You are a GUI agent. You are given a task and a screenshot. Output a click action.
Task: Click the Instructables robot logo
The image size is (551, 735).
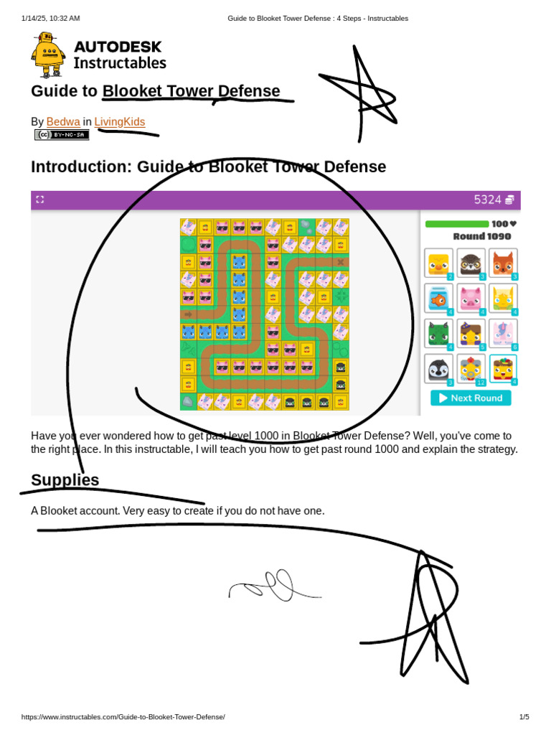(48, 55)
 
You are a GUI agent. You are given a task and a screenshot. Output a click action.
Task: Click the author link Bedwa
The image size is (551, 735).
(63, 122)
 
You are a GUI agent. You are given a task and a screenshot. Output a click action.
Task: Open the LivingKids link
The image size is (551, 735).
(120, 122)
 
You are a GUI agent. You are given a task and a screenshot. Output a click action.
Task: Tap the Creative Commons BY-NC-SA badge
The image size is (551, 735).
(62, 135)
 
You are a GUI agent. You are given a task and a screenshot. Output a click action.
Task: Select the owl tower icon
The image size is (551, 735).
(471, 263)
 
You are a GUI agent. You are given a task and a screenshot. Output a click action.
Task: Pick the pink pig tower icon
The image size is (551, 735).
(471, 299)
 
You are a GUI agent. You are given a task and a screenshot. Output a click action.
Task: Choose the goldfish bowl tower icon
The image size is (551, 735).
(438, 299)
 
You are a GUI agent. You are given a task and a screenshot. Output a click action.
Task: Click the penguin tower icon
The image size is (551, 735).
(438, 369)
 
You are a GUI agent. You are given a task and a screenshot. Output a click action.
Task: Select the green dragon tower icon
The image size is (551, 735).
(438, 334)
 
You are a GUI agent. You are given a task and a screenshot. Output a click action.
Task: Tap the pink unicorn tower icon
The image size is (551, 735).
(503, 334)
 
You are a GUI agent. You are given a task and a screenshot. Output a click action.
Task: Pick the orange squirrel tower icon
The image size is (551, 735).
(503, 263)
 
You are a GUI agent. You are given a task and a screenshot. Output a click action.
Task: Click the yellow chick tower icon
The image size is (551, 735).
(438, 263)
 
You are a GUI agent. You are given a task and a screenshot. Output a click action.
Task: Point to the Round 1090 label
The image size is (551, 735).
(482, 236)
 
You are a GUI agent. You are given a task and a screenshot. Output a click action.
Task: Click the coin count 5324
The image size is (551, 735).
(487, 200)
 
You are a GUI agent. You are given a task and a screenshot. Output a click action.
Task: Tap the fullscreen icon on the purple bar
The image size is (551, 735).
(40, 200)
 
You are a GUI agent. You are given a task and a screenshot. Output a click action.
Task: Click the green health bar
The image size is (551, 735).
(457, 224)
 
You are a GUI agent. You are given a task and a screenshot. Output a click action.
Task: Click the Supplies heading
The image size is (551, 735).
(65, 480)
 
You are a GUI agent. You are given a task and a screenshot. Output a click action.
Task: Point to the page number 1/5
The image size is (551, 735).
(524, 717)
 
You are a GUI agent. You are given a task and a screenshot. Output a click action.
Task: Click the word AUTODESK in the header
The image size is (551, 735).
(118, 47)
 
